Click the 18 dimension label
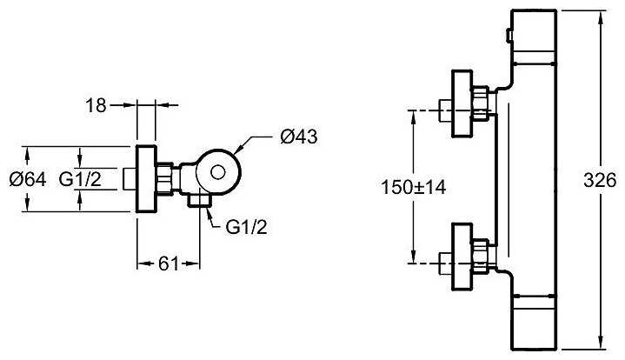click(x=98, y=105)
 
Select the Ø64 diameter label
click(x=27, y=179)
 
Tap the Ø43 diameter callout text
click(x=297, y=138)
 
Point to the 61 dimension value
click(x=170, y=263)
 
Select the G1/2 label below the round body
click(x=243, y=227)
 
